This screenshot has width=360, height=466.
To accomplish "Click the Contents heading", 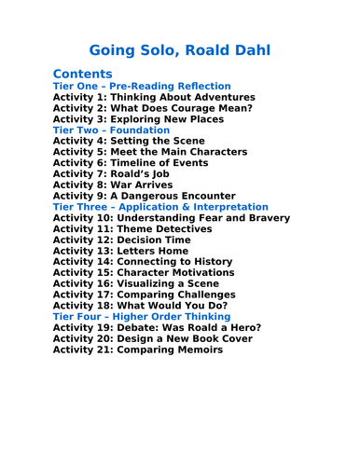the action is [x=83, y=74].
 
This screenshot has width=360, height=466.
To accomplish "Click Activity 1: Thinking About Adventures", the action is [x=154, y=97].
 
